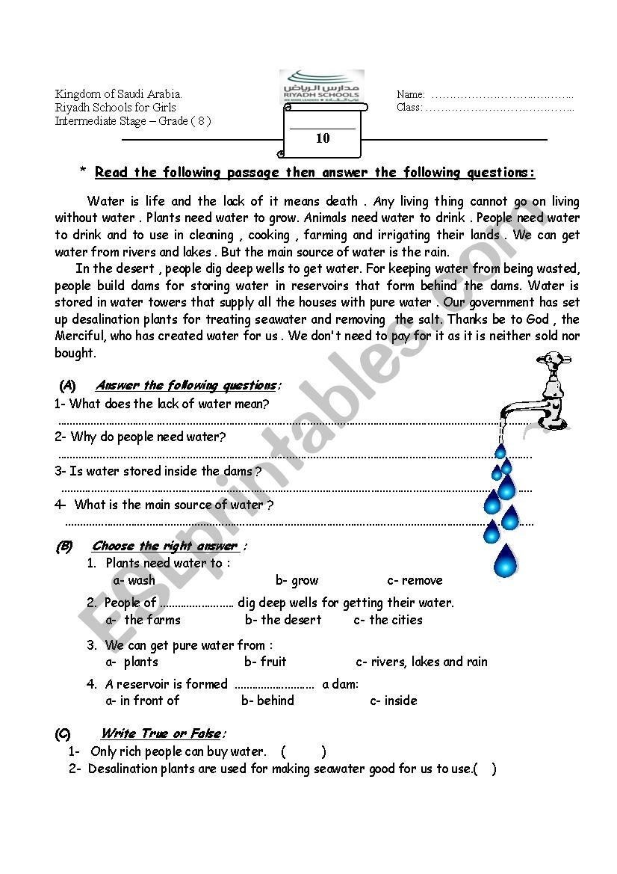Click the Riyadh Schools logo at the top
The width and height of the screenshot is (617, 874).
click(322, 86)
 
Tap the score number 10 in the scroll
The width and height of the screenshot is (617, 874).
click(323, 138)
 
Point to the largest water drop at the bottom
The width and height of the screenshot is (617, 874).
click(506, 560)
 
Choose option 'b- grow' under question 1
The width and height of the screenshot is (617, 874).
click(297, 580)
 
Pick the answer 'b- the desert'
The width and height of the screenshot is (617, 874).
click(283, 620)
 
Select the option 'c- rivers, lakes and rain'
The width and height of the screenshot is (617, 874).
click(421, 662)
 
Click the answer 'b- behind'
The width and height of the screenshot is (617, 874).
click(267, 701)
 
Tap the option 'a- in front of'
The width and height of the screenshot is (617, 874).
click(143, 701)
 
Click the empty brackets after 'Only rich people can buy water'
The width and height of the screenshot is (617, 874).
click(303, 751)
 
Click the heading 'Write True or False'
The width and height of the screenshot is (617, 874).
click(163, 733)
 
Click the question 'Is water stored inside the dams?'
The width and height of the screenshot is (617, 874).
click(158, 471)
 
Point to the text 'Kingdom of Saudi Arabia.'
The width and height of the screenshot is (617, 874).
click(118, 94)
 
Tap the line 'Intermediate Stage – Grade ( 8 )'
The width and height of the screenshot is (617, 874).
click(133, 121)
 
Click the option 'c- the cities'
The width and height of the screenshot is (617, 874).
click(388, 620)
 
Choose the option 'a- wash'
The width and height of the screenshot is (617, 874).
click(134, 580)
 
